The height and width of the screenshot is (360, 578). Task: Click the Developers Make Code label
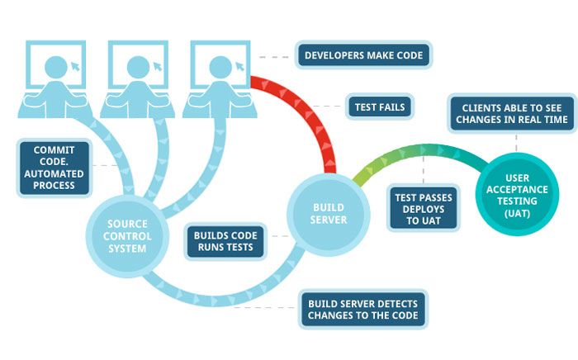coord(363,56)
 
